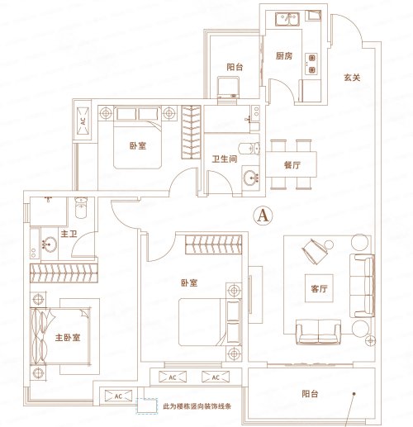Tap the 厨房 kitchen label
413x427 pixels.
pyautogui.click(x=287, y=58)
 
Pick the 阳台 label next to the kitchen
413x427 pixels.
pyautogui.click(x=233, y=68)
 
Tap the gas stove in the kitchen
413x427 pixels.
pyautogui.click(x=313, y=59)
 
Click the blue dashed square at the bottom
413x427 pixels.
pyautogui.click(x=146, y=406)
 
